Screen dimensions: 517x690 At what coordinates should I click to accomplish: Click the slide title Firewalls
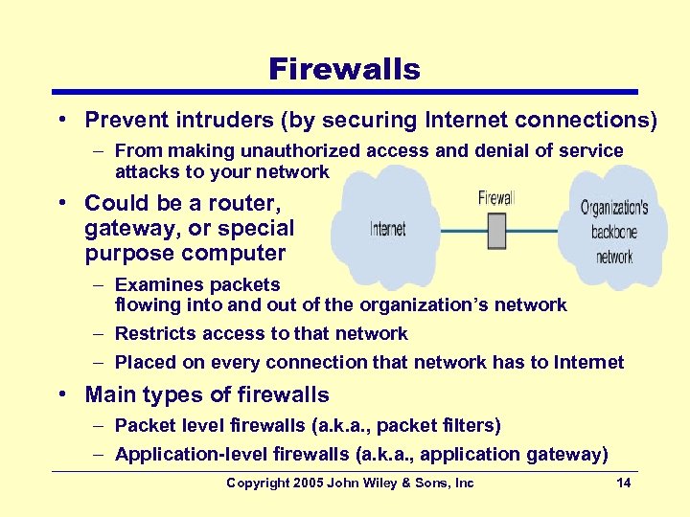[x=344, y=69]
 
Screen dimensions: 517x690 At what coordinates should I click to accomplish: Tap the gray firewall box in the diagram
[x=496, y=231]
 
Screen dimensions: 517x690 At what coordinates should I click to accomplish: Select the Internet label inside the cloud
[x=387, y=229]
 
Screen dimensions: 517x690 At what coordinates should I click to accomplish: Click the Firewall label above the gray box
[x=495, y=198]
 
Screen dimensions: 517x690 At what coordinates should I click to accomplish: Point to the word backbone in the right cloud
[x=614, y=232]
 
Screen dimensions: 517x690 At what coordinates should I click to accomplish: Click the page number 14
[x=624, y=483]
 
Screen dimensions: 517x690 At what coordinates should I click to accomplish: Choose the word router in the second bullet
[x=243, y=203]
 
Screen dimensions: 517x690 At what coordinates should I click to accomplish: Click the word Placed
[x=142, y=362]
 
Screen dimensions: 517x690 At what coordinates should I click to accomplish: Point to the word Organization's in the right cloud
[x=614, y=207]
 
